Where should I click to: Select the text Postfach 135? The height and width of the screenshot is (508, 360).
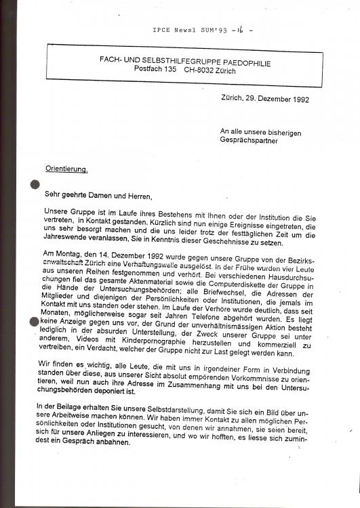[157, 69]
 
